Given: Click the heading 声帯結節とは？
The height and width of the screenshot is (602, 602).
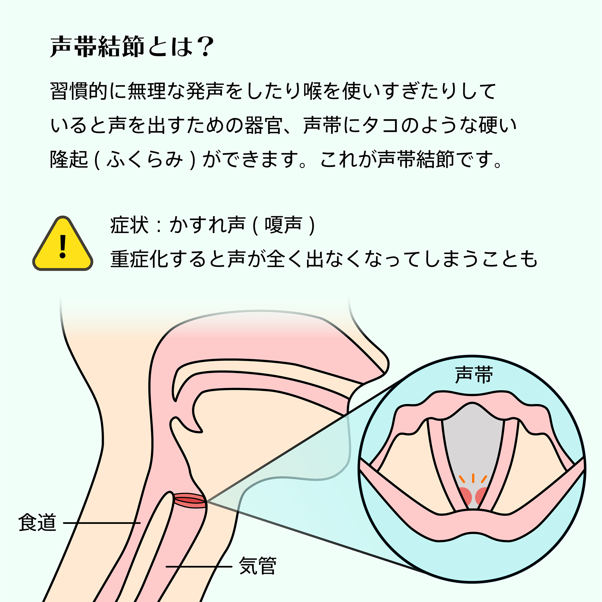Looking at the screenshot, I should [x=132, y=47].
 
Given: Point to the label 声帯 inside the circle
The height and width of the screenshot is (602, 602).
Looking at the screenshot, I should [x=474, y=375].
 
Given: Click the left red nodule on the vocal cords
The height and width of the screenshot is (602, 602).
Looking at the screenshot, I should [x=465, y=496].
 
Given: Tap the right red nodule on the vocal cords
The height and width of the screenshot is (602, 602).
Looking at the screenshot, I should [x=481, y=496].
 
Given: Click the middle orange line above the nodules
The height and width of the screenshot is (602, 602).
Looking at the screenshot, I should [x=473, y=478].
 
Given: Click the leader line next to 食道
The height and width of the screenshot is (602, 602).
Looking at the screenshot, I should [x=102, y=523].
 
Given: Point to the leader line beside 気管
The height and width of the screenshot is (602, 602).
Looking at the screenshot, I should [x=199, y=567].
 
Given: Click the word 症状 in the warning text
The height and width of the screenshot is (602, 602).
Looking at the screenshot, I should [x=129, y=225].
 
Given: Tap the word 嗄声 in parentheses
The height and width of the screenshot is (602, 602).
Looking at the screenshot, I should [x=283, y=225].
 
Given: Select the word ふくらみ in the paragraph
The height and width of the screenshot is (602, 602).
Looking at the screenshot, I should [x=145, y=159].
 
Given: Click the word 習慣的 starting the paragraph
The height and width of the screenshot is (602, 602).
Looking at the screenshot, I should [x=79, y=91].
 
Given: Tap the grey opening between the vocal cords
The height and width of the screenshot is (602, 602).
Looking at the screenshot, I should [x=473, y=439].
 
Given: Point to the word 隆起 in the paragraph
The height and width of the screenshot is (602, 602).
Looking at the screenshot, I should [x=69, y=159].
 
